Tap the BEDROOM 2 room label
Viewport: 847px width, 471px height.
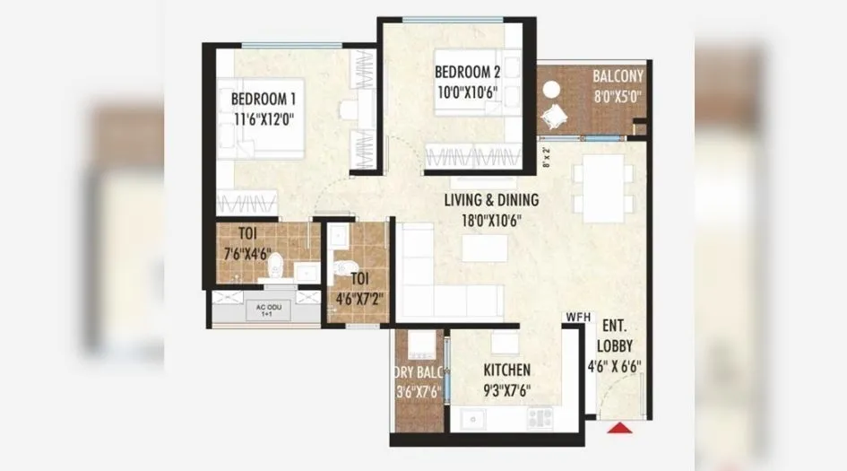click(x=467, y=73)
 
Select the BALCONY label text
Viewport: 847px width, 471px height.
click(x=617, y=75)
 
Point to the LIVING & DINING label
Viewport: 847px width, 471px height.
click(x=483, y=200)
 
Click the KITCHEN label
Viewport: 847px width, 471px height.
click(x=507, y=370)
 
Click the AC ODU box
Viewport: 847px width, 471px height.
click(x=264, y=310)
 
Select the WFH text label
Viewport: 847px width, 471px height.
click(x=576, y=317)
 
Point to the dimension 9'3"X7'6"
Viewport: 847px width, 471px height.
click(x=507, y=389)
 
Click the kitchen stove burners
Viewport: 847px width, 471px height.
click(x=540, y=417)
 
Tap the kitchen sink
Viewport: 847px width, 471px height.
click(x=472, y=419)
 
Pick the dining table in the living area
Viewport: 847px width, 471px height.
click(x=604, y=187)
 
